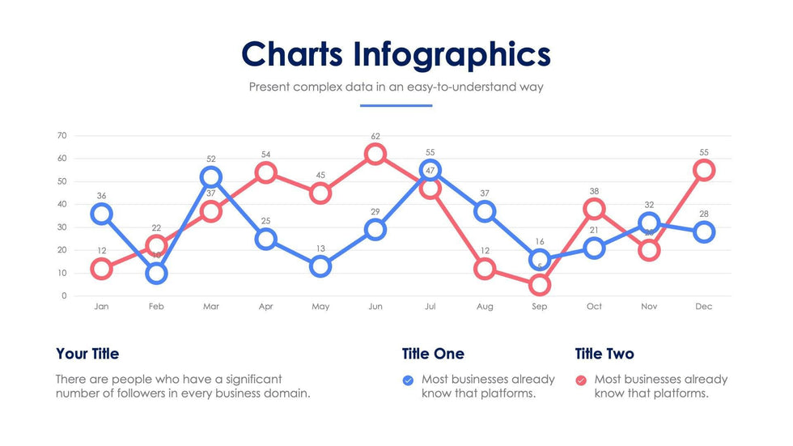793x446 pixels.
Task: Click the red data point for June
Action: coord(375,154)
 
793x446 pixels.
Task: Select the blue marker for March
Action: coord(210,177)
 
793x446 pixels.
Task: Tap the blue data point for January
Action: coord(101,214)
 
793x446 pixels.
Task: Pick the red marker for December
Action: coord(704,170)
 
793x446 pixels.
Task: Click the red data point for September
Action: coord(540,285)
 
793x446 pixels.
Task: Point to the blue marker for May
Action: coord(320,266)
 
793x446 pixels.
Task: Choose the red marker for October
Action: coord(595,209)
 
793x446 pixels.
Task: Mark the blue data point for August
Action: coord(485,211)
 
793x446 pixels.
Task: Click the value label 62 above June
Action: coord(375,136)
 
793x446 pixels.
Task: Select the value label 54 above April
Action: coord(265,154)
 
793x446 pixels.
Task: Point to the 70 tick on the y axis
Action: coord(61,135)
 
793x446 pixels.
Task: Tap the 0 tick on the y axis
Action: coord(64,296)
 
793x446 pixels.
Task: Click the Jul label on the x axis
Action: coord(430,307)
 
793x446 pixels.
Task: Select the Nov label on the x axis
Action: coord(649,307)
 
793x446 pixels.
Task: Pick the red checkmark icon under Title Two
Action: coord(580,380)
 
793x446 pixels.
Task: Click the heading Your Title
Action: coord(87,354)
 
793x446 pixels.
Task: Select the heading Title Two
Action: coord(604,354)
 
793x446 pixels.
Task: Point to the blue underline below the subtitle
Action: coord(396,105)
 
